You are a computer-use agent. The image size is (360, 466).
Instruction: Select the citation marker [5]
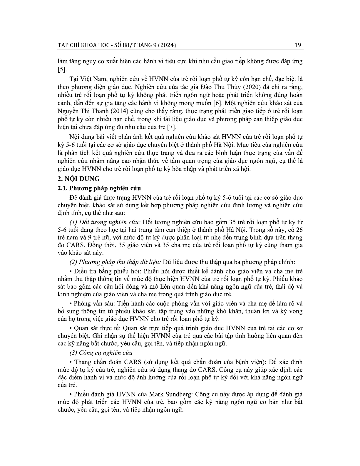click(x=62, y=70)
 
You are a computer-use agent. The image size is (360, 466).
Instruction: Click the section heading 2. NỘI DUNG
click(x=78, y=178)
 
